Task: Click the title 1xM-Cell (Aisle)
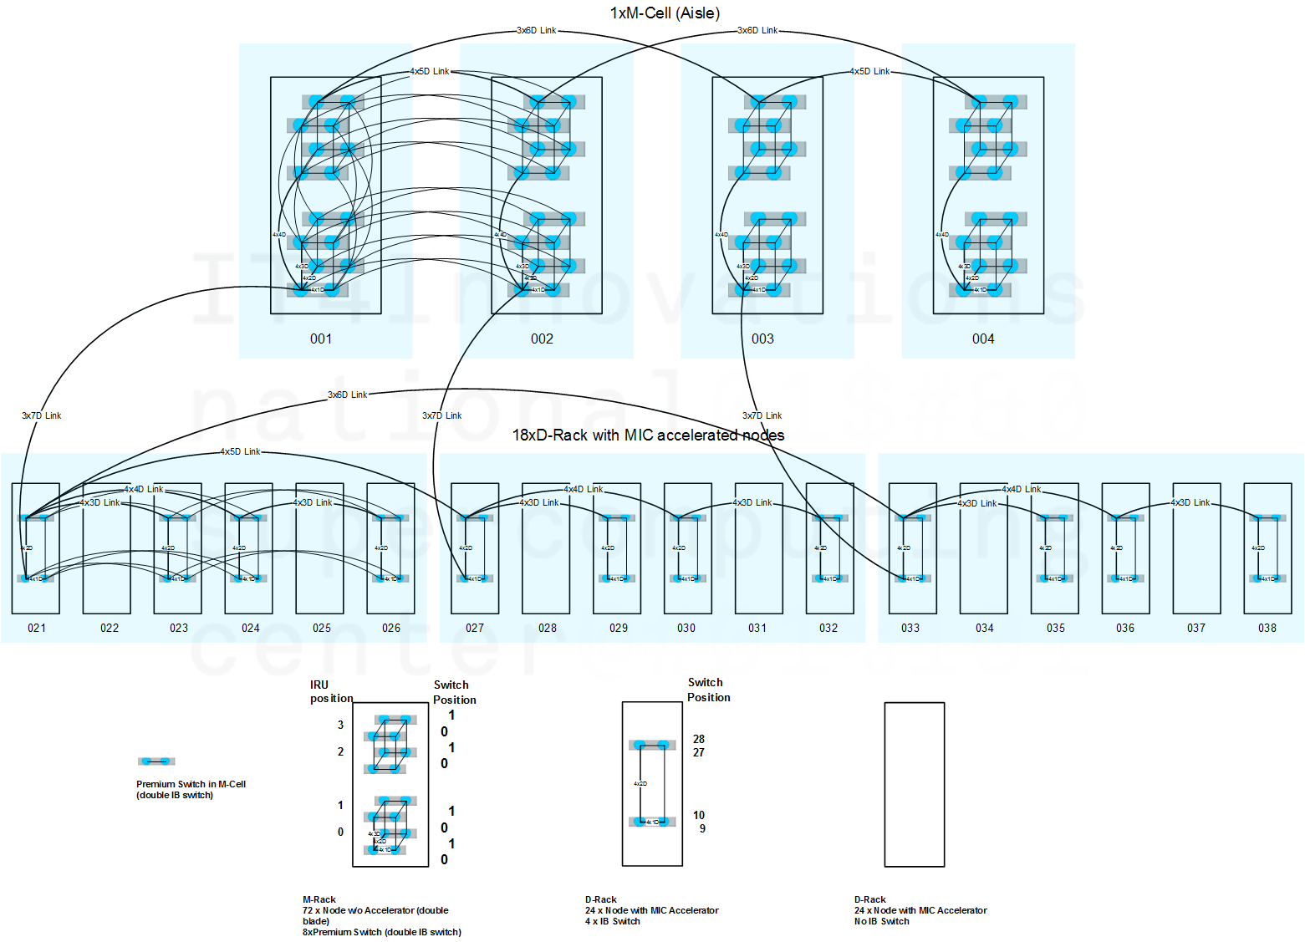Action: (665, 13)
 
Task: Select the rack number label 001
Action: (321, 339)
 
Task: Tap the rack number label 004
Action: (983, 339)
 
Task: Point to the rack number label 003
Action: (762, 339)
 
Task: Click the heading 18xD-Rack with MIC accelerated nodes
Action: (648, 435)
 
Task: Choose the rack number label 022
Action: (110, 628)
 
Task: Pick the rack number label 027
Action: (475, 628)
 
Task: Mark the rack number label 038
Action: (1267, 628)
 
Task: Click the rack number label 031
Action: (757, 628)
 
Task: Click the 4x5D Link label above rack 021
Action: (240, 451)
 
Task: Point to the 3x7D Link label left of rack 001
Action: (41, 415)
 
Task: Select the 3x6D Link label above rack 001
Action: (536, 30)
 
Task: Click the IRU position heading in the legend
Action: (331, 691)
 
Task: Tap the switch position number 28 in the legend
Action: (699, 739)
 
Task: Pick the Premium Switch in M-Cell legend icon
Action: (156, 761)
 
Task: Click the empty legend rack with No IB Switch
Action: (915, 784)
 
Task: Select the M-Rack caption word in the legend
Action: (319, 899)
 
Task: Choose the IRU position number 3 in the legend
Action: (340, 725)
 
